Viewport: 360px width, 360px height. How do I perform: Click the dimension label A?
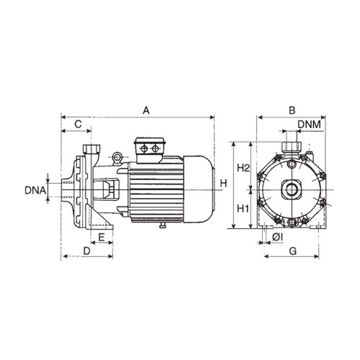click(146, 110)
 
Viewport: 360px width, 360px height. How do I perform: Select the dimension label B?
click(291, 110)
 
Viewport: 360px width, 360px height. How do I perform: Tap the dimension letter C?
click(77, 125)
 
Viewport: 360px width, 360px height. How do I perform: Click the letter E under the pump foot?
click(102, 236)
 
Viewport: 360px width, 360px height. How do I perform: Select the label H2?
click(243, 168)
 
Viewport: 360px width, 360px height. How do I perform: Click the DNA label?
click(35, 191)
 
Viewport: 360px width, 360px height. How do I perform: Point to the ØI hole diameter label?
click(278, 236)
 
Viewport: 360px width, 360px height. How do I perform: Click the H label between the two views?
click(223, 184)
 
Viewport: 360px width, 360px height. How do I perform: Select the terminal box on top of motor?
click(150, 147)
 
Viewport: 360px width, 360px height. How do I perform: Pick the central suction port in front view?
click(291, 190)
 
